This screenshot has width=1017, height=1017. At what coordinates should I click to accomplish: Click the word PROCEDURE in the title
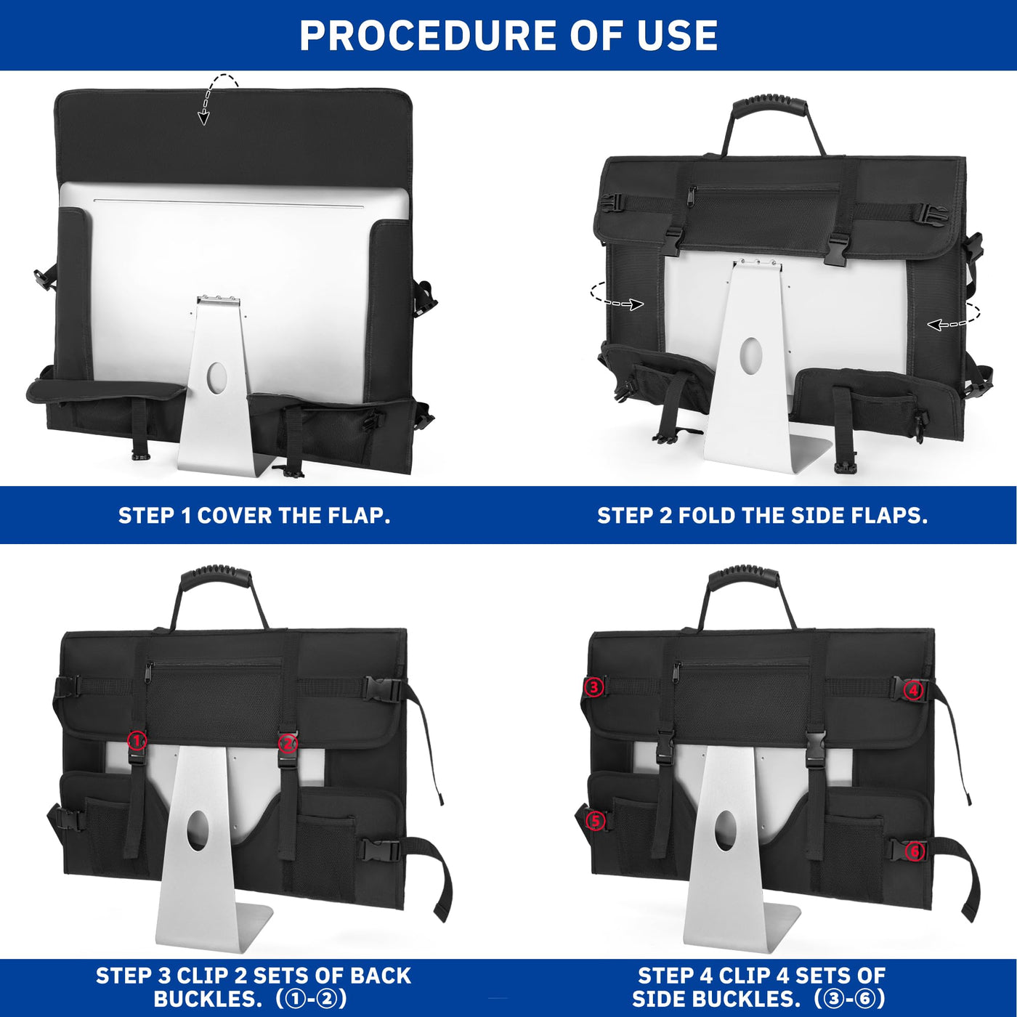click(x=426, y=35)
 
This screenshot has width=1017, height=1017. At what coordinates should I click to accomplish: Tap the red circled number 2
click(x=288, y=744)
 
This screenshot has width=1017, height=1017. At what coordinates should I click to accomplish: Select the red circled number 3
click(x=594, y=687)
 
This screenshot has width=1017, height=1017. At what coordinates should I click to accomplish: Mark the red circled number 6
click(x=915, y=851)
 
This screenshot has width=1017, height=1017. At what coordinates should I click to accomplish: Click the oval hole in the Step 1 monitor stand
click(x=216, y=377)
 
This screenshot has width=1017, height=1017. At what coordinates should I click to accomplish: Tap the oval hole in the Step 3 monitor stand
click(x=198, y=831)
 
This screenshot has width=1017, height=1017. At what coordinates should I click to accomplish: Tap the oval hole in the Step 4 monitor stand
click(x=726, y=831)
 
